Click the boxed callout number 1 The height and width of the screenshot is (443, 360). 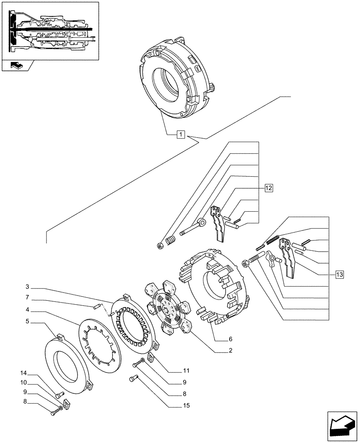point(181,134)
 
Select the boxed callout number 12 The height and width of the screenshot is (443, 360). point(268,188)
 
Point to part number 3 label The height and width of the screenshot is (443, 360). point(27,286)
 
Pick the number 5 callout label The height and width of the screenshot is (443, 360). point(27,322)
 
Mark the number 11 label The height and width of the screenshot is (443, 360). point(186,370)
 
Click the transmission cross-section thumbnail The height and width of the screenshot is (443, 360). point(49,30)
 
